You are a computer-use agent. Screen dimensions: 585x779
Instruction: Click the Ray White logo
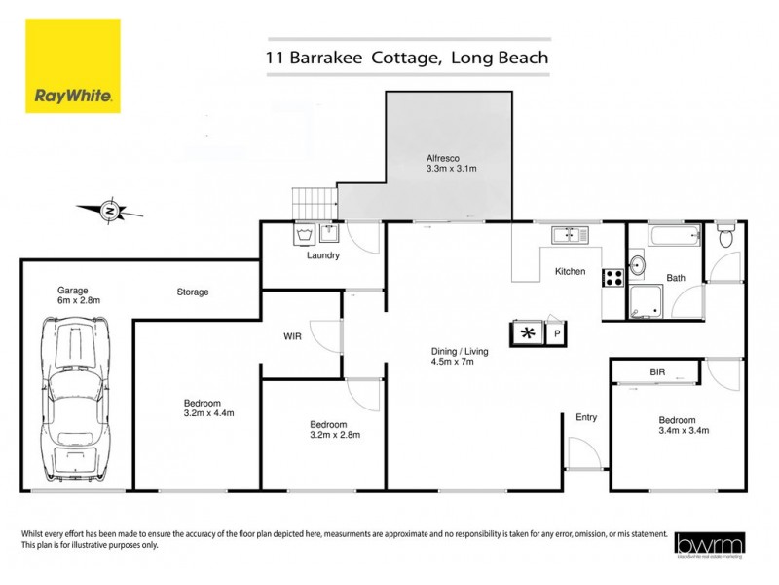[73, 66]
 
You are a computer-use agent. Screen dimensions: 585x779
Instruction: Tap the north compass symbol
[112, 210]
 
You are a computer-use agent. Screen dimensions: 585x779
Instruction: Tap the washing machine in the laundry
[302, 234]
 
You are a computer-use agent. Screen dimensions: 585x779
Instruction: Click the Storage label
[192, 292]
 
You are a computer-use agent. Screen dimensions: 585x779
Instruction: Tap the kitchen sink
[566, 234]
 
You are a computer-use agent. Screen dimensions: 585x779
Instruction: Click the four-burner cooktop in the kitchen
[613, 277]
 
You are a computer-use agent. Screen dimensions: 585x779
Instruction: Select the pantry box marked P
[557, 333]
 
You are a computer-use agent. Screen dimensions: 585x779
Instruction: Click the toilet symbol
[724, 237]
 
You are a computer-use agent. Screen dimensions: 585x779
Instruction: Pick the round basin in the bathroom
[638, 264]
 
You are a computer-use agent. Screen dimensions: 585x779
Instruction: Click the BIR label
[658, 371]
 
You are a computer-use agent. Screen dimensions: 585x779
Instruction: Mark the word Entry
[585, 417]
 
